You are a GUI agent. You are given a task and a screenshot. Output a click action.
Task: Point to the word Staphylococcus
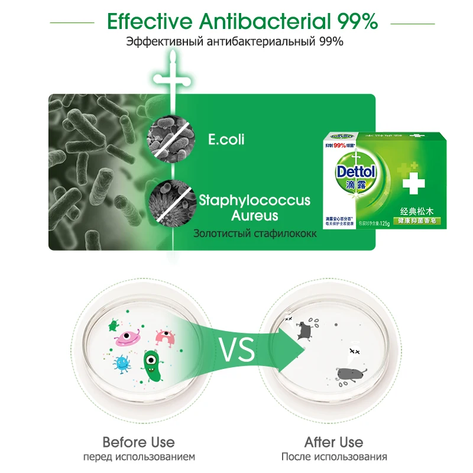pos(255,200)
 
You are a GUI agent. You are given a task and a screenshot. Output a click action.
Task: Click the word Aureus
pos(255,215)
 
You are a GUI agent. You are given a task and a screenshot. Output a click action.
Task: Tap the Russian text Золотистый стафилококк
pos(255,234)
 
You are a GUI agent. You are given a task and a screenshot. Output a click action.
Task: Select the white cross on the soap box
pos(414,183)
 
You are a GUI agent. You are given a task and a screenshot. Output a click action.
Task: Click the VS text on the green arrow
pos(238,351)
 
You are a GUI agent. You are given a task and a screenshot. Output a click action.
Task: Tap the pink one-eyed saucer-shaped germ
pos(129,338)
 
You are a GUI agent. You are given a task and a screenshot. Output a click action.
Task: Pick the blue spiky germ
pos(121,363)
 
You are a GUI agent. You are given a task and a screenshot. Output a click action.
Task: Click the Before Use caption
pos(138,442)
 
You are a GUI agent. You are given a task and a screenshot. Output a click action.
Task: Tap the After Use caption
pos(334,442)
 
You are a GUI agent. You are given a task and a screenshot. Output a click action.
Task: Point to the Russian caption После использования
pos(334,456)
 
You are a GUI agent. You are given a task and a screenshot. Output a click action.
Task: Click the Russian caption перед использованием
pos(138,456)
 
